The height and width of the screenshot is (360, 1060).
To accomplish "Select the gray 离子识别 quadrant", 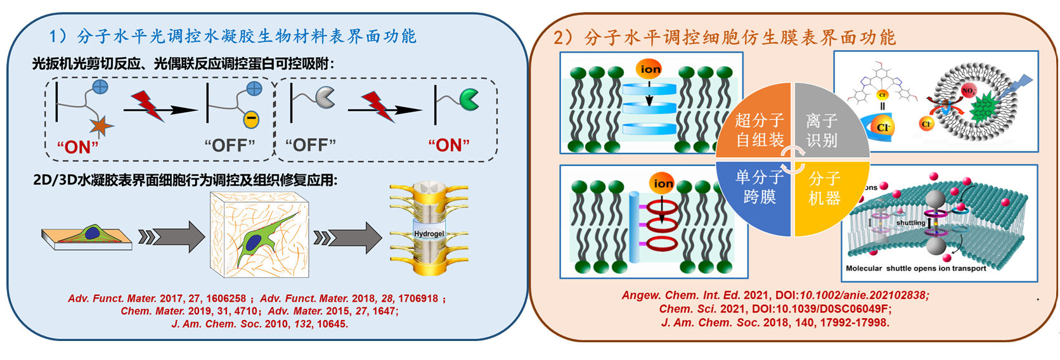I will coord(824,127).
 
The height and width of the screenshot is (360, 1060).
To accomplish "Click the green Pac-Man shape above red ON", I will coord(469,99).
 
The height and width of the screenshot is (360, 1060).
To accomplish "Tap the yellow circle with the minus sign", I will coord(251,119).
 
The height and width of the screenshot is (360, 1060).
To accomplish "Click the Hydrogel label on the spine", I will coord(429,234).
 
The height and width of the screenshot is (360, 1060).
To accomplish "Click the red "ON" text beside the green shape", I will coord(449,145).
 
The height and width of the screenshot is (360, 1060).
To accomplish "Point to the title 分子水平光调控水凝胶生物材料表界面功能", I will coord(246,36).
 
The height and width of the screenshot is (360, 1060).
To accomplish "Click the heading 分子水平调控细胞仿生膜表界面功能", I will coord(739,37).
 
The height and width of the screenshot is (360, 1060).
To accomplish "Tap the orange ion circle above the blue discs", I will coord(650,69).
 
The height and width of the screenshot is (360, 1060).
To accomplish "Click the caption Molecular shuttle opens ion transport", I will coord(915,268).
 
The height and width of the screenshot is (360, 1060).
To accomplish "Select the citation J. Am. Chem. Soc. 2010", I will coord(259,324).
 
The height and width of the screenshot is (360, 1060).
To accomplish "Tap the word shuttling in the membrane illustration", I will coord(910,222).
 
